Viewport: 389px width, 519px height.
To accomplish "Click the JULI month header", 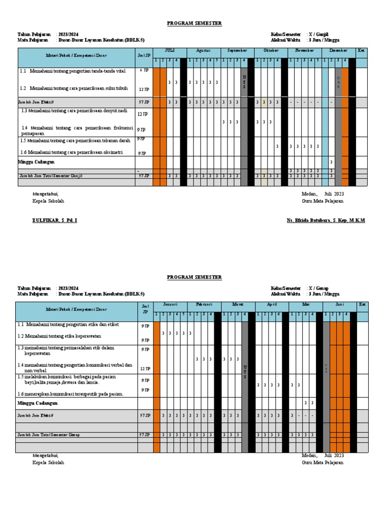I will [170, 51].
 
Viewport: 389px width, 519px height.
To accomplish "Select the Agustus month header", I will [203, 51].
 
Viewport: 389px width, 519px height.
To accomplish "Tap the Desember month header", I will [338, 51].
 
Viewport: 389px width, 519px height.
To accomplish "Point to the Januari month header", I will [170, 305].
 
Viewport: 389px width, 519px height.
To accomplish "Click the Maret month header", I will [238, 305].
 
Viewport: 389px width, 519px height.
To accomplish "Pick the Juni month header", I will [339, 305].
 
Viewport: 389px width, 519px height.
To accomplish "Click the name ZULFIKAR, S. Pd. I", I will [55, 220].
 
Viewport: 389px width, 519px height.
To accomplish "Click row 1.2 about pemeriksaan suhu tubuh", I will [74, 88].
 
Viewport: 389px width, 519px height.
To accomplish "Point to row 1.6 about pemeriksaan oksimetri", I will [72, 152].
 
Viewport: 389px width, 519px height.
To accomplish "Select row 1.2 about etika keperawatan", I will [60, 336].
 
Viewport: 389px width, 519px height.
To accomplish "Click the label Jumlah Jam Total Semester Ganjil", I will [51, 176].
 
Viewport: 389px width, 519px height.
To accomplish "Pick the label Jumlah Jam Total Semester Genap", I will [49, 435].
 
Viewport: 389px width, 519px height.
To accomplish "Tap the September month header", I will [237, 51].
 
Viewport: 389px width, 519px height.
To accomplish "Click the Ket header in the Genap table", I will [362, 305].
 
